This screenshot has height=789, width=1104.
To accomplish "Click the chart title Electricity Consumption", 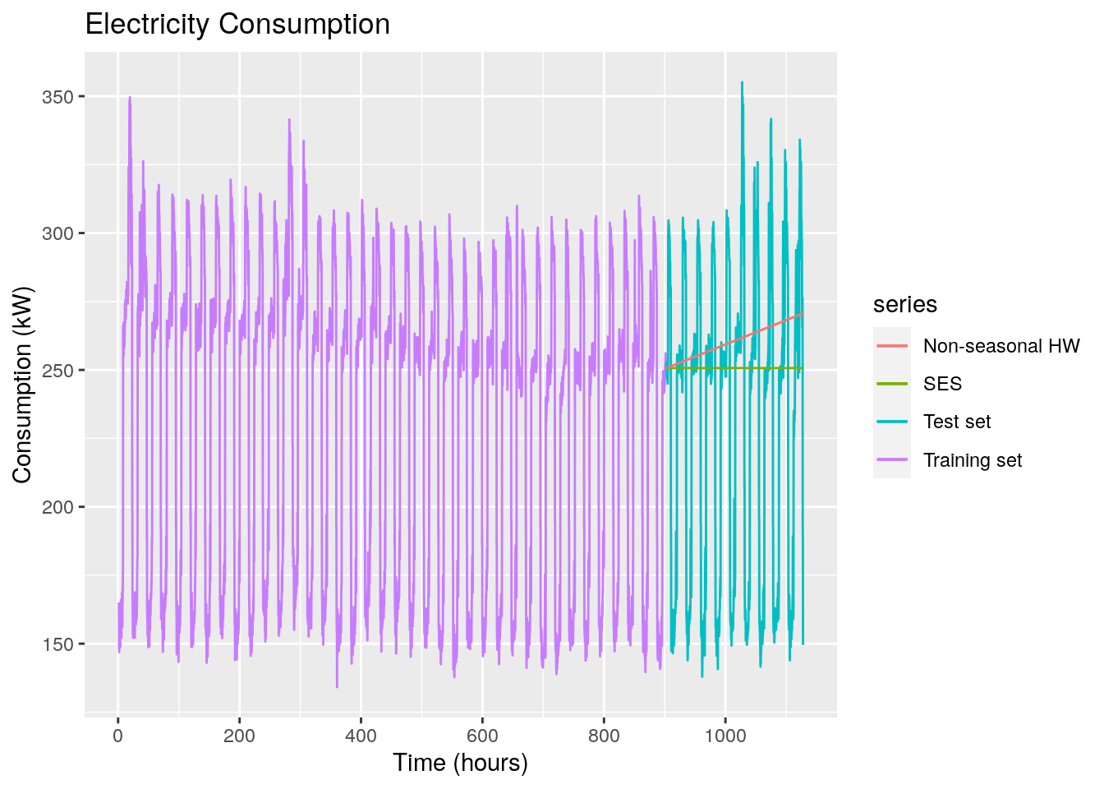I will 237,25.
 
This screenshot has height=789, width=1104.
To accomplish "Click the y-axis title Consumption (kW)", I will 22,385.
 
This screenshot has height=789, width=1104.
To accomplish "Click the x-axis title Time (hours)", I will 460,763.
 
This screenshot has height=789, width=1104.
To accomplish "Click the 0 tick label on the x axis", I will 118,735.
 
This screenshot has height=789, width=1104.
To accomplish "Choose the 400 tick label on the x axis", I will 361,735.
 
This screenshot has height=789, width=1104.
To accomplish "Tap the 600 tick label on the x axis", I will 482,735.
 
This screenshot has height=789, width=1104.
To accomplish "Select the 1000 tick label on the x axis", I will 725,735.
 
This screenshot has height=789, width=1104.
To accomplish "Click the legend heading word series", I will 905,305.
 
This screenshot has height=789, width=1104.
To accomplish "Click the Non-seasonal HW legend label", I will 1001,346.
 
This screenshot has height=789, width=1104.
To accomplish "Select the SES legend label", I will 942,384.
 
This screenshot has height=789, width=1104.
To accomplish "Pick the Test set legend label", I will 957,422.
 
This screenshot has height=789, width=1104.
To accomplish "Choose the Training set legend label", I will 973,460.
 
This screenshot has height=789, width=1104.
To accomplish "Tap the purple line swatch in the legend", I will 891,460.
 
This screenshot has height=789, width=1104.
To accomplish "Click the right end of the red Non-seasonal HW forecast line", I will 802,313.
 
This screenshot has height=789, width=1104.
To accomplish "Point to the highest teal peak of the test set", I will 742,82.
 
